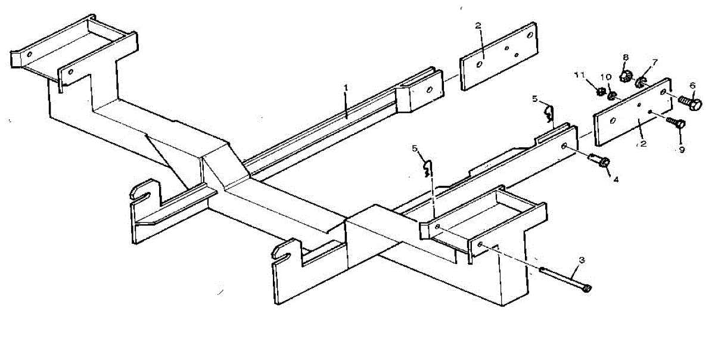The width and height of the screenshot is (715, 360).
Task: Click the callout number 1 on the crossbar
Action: [x=345, y=88]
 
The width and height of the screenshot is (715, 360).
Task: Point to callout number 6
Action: [x=692, y=85]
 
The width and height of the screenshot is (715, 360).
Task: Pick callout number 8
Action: [x=626, y=57]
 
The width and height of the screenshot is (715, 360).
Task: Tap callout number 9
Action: [x=682, y=150]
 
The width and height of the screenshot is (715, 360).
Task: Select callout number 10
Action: [x=605, y=77]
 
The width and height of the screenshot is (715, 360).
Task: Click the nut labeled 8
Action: [x=626, y=76]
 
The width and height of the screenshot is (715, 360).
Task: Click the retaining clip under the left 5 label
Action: [x=427, y=169]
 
